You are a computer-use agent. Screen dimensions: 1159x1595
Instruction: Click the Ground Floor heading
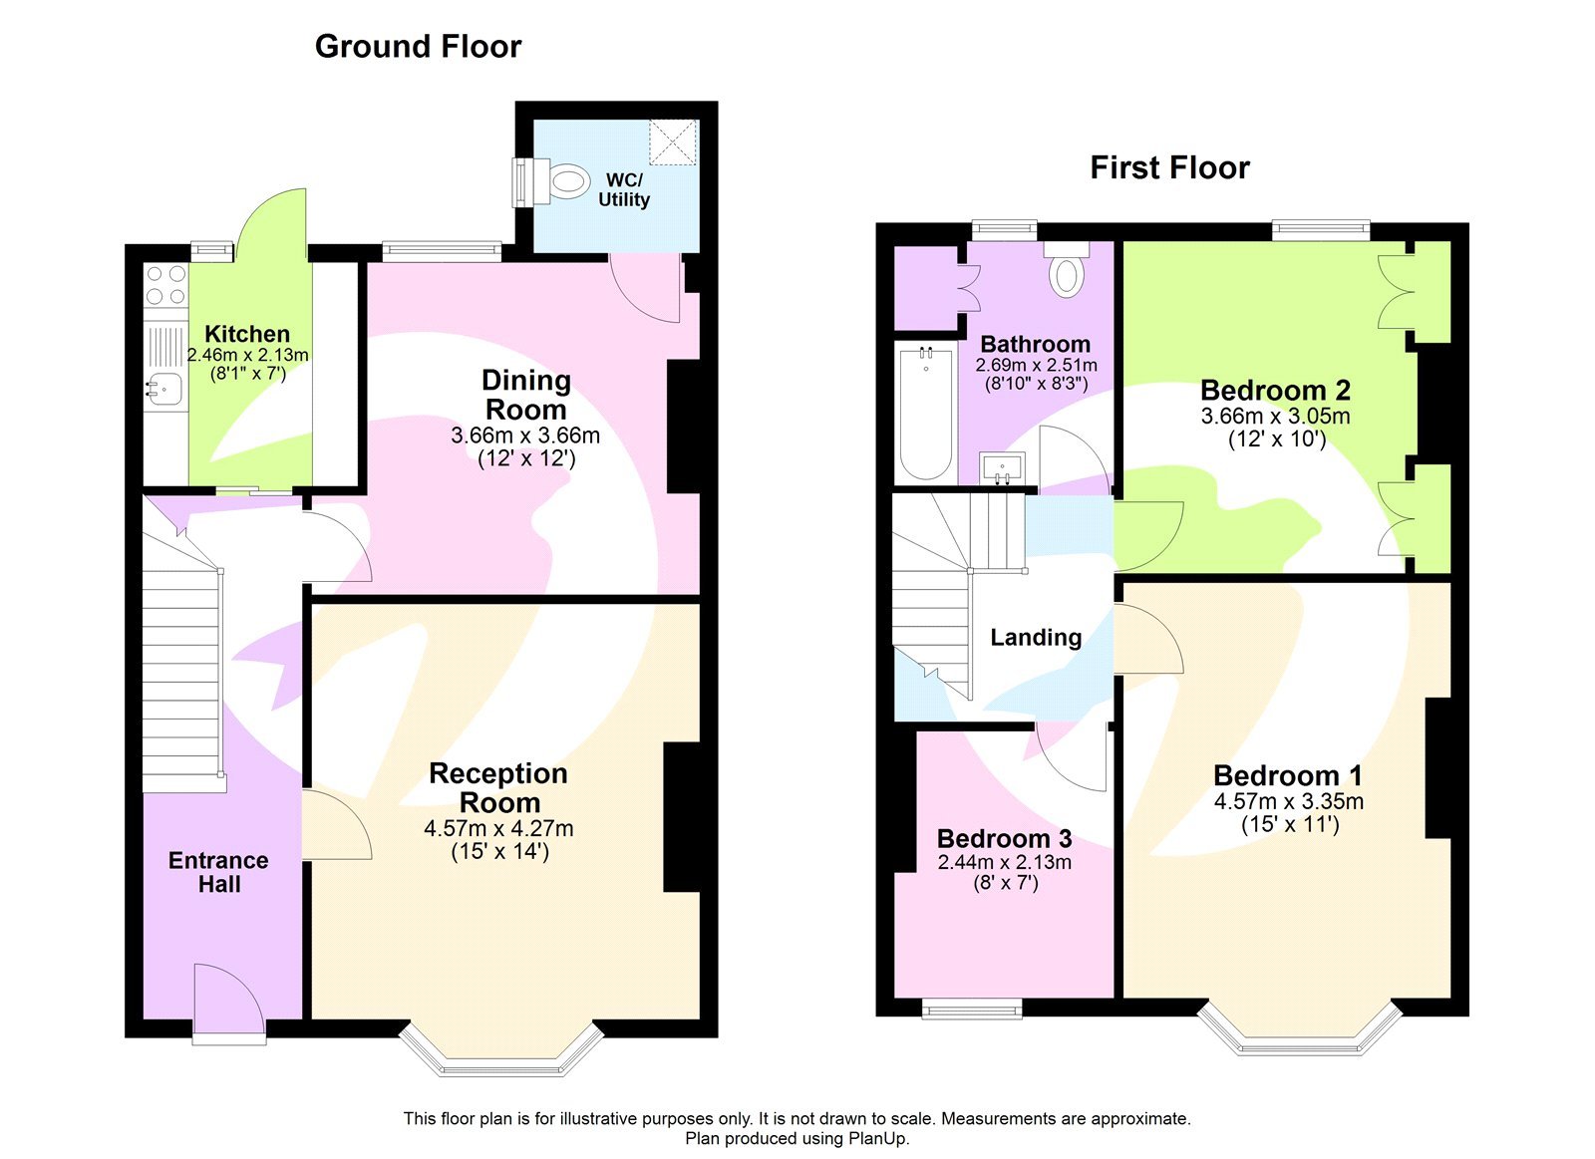418,47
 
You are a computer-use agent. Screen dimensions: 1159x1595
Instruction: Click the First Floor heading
1169,167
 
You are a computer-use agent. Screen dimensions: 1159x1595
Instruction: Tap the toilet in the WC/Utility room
564,182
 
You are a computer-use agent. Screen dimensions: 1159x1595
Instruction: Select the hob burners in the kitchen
165,284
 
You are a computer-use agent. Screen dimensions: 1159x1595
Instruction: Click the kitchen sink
164,389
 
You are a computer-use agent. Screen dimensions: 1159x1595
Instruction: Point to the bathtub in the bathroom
926,413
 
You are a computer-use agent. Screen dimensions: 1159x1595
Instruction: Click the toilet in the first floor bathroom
1067,274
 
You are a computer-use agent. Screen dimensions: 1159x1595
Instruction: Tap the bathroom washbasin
1002,467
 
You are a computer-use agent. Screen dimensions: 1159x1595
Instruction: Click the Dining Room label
525,395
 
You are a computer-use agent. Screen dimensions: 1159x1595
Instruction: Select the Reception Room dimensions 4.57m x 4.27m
498,828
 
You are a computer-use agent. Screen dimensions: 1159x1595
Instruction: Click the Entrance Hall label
218,872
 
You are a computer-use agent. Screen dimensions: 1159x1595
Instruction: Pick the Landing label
1036,638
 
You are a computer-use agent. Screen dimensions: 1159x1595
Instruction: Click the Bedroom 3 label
1004,839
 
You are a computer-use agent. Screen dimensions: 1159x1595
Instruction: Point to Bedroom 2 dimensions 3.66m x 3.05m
1275,417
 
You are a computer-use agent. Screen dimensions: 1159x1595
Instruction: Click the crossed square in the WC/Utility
673,142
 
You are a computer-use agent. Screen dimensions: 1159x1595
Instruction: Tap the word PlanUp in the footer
877,1139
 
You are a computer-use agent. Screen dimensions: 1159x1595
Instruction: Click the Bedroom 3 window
972,1012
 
